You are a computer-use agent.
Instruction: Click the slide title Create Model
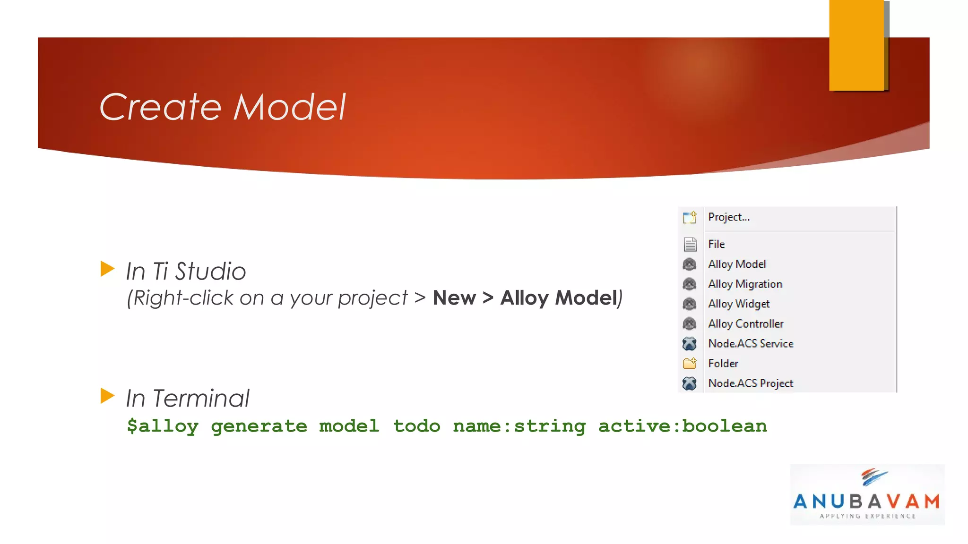point(222,107)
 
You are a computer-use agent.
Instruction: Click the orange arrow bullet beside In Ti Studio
point(107,269)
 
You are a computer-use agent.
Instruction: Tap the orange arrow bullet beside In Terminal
point(107,396)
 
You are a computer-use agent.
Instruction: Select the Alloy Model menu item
point(736,264)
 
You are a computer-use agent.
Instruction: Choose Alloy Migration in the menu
point(744,284)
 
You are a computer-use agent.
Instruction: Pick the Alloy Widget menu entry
point(738,304)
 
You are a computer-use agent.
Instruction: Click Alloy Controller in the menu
point(745,323)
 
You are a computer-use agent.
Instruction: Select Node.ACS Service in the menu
point(750,343)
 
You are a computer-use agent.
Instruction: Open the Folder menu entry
point(723,363)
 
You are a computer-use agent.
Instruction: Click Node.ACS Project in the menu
point(750,383)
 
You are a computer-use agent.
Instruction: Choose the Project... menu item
point(728,217)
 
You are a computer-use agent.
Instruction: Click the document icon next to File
point(690,244)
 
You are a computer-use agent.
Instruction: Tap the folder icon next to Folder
point(690,363)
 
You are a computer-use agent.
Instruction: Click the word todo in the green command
point(416,426)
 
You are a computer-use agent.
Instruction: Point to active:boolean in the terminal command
point(682,426)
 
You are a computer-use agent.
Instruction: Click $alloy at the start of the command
point(163,426)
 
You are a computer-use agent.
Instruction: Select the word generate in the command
point(259,426)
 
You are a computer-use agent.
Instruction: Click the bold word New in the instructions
point(454,298)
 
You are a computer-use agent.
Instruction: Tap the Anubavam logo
point(867,494)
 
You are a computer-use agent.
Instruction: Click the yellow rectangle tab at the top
point(856,45)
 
